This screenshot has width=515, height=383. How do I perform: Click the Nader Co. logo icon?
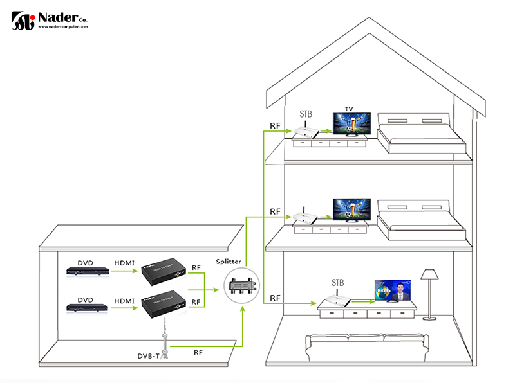point(23,20)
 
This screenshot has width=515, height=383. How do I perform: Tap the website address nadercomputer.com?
point(63,27)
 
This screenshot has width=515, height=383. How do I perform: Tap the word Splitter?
point(229,262)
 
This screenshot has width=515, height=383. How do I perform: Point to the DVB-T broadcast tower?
point(166,335)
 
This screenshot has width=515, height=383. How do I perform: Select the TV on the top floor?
point(351,123)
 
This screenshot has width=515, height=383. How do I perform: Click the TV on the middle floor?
point(351,210)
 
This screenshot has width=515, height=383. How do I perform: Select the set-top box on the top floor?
point(306,130)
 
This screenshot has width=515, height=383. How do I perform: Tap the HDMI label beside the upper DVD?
point(124,262)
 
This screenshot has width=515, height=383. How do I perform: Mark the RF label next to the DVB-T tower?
point(200,352)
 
